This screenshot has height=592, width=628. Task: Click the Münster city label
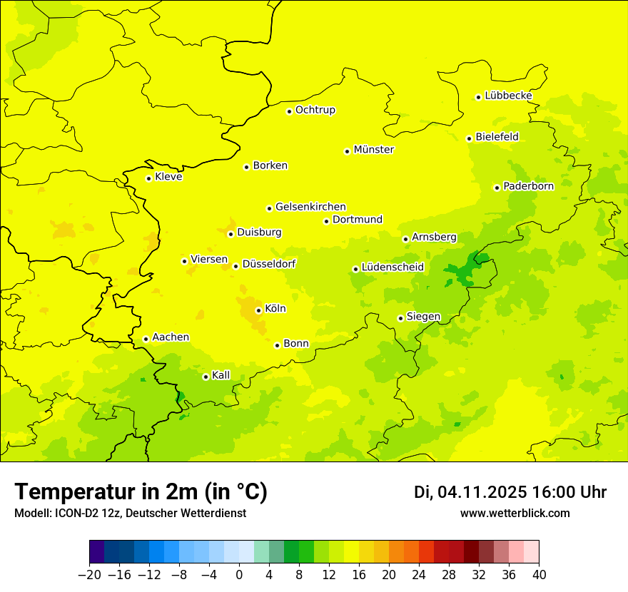click(373, 150)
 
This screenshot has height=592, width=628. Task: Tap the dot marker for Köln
click(258, 310)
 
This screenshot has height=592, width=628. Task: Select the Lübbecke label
click(508, 96)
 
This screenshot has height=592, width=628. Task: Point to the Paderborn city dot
click(497, 188)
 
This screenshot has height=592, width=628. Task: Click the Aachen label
click(171, 337)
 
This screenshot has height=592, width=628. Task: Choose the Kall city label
click(221, 375)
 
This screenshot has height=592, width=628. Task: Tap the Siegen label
click(423, 317)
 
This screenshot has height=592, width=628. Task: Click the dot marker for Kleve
click(148, 178)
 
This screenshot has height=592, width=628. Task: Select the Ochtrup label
click(315, 110)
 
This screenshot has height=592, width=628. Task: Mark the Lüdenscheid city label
click(392, 267)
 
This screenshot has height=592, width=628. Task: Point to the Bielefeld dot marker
click(469, 138)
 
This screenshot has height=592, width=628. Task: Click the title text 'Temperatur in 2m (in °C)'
click(141, 492)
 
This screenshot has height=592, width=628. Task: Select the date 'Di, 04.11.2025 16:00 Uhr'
click(510, 492)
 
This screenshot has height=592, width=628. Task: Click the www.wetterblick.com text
click(515, 514)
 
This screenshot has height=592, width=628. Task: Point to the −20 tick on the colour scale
click(89, 575)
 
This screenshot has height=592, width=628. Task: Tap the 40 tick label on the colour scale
click(539, 575)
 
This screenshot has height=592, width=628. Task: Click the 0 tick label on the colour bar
click(239, 575)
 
